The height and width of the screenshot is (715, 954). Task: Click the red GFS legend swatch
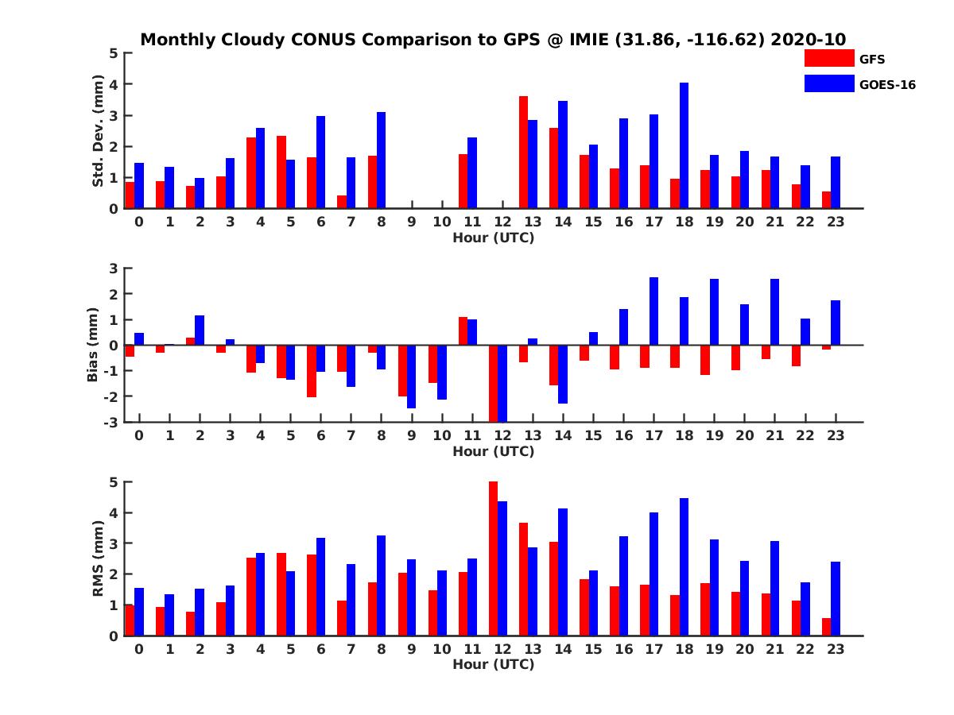tap(828, 58)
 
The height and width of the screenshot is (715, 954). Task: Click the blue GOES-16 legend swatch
tap(828, 83)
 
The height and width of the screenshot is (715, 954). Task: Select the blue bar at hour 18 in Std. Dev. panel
tap(684, 145)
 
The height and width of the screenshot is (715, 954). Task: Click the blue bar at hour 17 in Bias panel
tap(653, 311)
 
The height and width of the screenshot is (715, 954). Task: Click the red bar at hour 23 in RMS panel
tap(827, 627)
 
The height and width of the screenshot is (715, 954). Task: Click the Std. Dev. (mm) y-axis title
tap(99, 131)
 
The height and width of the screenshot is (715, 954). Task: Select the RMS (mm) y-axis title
tap(99, 558)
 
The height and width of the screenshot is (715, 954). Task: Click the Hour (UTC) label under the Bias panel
tap(493, 451)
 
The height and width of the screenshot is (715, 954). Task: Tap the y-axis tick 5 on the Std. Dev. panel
tap(114, 53)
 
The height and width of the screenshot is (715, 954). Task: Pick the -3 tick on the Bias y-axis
tap(111, 422)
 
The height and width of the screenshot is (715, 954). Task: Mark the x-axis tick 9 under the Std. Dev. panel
tap(411, 222)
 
